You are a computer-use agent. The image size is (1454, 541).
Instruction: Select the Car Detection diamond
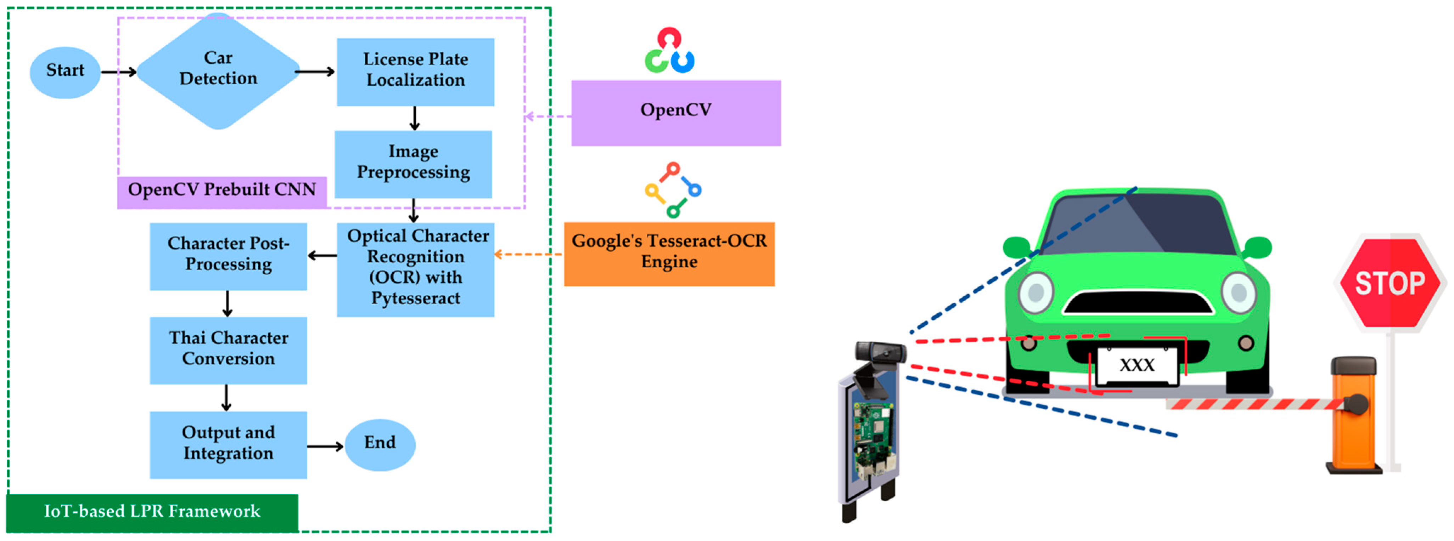tap(218, 70)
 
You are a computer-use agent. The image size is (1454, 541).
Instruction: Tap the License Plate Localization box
tap(415, 71)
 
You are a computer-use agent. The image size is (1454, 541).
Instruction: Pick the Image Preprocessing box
tap(413, 164)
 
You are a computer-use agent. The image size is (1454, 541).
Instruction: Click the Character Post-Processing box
tap(228, 256)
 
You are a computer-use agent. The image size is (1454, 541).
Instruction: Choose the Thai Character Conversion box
tap(228, 350)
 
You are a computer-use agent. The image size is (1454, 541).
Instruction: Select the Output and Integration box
tap(228, 445)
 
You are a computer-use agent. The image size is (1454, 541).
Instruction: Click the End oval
tap(380, 445)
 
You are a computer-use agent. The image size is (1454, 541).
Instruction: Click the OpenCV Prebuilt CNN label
tap(222, 191)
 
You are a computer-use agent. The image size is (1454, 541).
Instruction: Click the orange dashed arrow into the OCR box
tap(528, 255)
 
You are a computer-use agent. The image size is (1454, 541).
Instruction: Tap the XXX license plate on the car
tap(1137, 365)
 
